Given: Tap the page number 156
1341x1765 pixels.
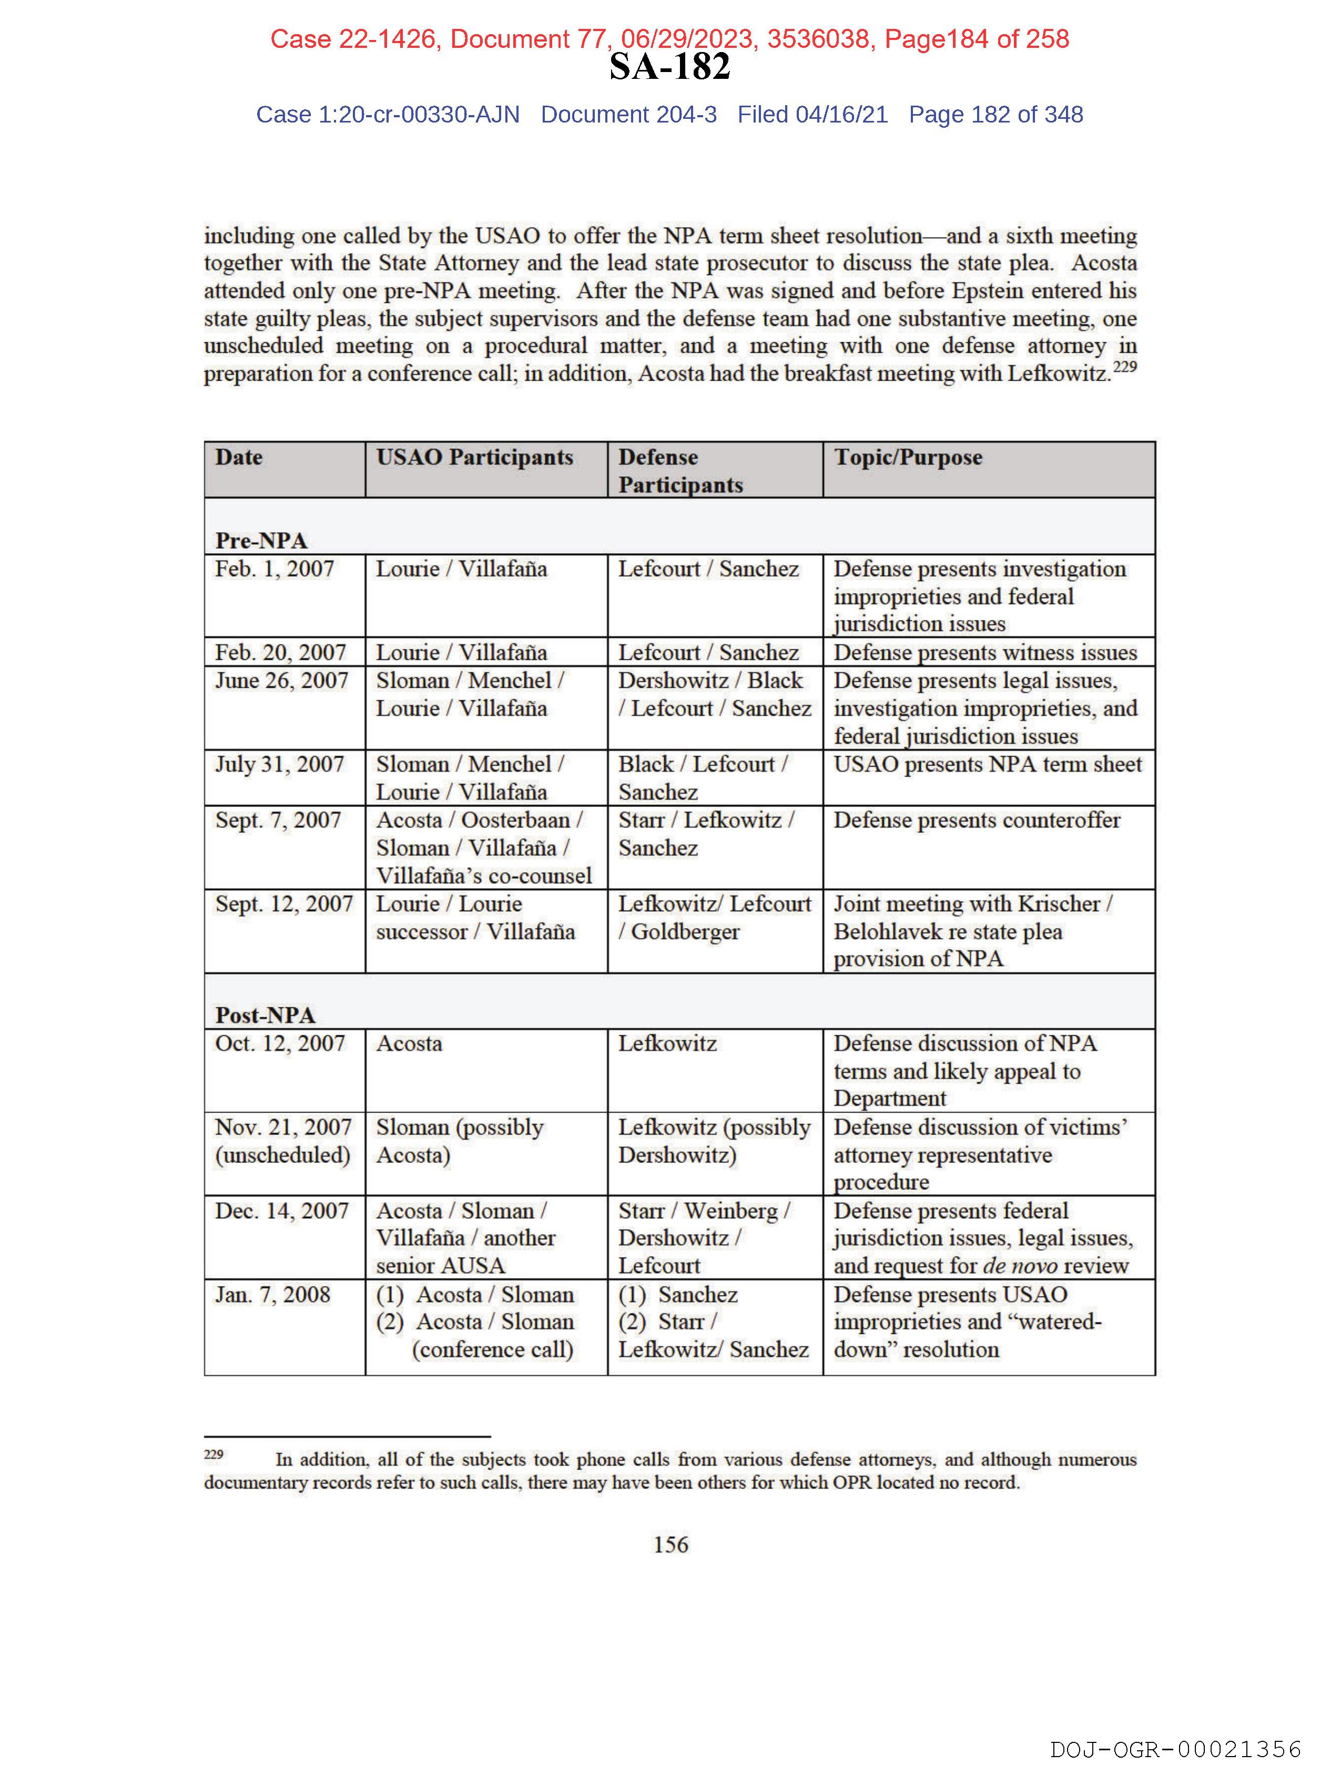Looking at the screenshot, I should [670, 1544].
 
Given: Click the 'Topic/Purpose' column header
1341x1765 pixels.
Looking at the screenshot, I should [908, 457].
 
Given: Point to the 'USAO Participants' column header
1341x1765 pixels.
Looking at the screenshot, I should [474, 457].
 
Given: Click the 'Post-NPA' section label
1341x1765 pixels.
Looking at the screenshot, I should [265, 1015].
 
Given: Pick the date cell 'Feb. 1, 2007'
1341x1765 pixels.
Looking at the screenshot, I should [275, 569].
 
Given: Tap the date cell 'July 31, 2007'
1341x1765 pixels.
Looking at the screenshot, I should [279, 764].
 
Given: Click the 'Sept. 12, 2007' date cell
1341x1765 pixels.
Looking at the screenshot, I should [283, 904].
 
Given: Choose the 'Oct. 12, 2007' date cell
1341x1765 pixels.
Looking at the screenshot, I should [279, 1044].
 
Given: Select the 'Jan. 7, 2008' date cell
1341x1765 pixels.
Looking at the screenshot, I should [272, 1294].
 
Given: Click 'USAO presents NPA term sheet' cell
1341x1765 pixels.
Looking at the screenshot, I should [988, 764].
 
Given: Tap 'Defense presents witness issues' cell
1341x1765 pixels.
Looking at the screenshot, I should [985, 652].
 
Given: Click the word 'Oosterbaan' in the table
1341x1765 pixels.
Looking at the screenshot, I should [516, 820].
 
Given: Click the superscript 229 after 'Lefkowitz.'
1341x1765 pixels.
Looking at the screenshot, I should [1125, 367].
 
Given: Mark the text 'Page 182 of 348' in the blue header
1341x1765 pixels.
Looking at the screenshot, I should [995, 115].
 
